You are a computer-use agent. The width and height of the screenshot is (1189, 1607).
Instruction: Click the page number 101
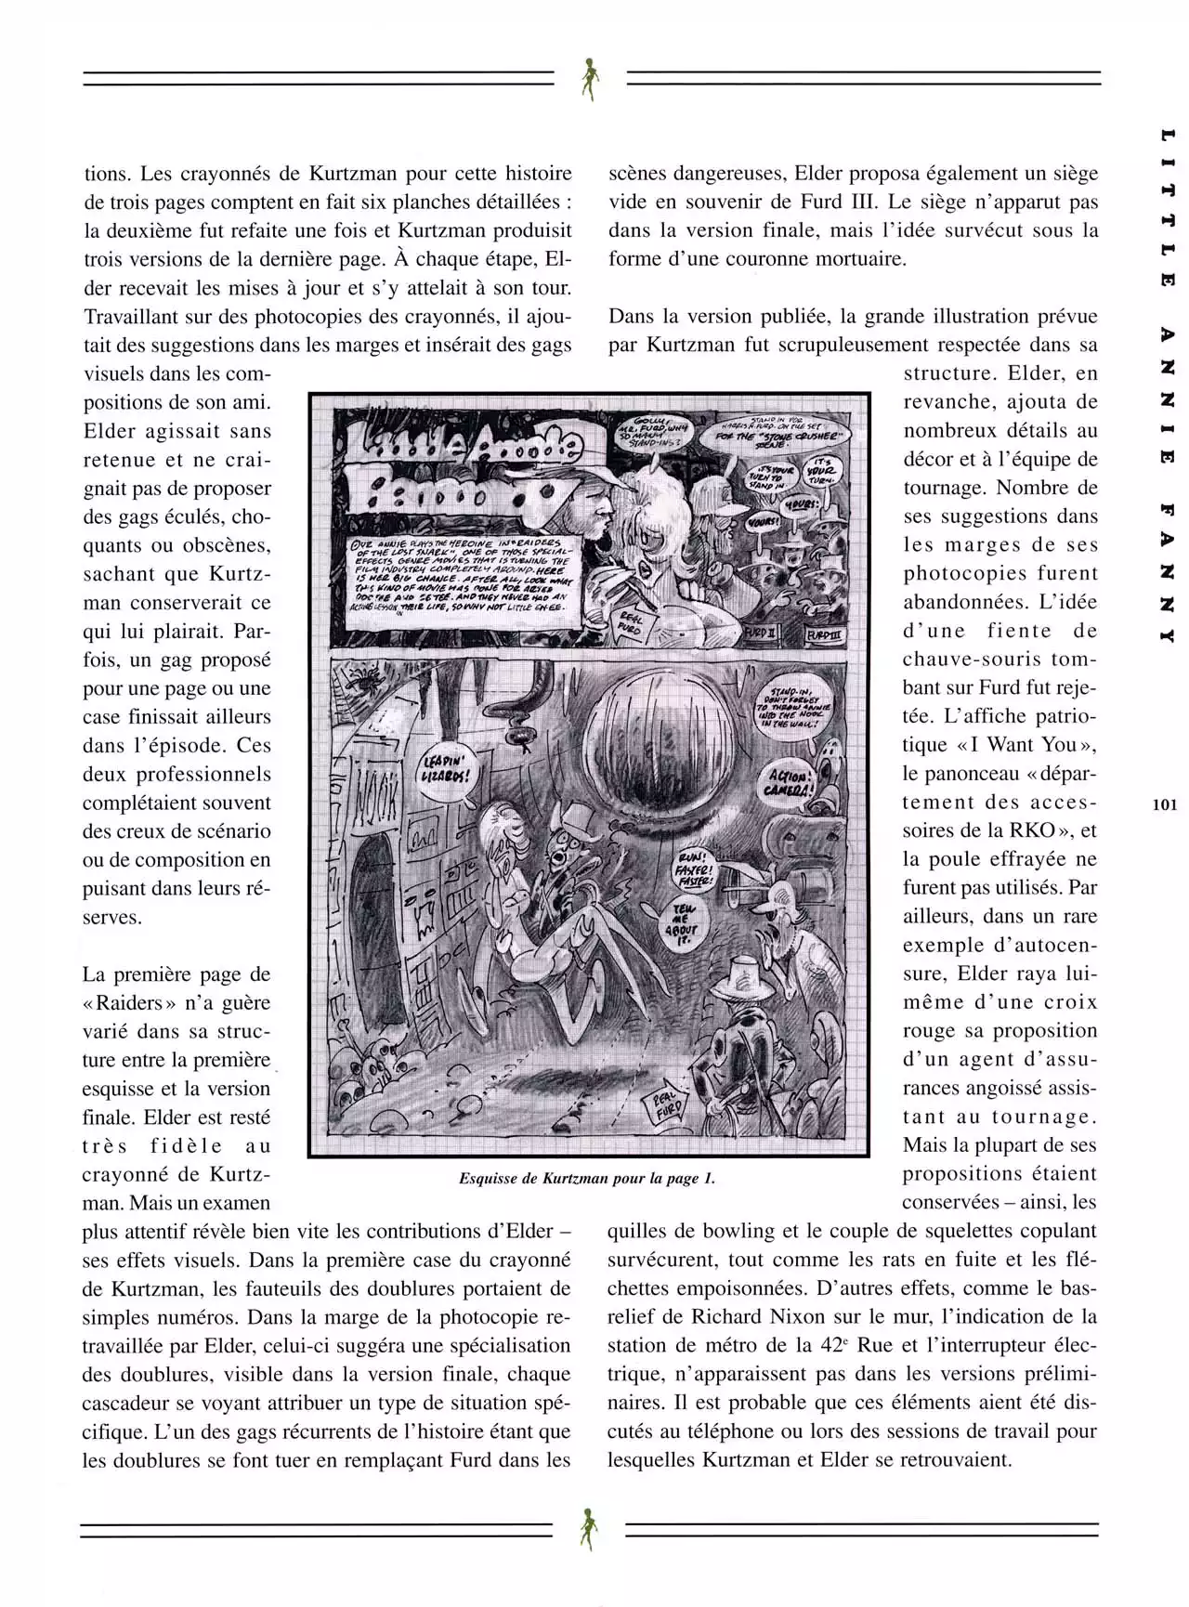click(1164, 804)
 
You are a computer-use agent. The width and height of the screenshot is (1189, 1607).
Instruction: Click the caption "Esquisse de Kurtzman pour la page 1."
click(587, 1178)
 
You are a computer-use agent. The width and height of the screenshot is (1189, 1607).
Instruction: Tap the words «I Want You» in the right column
click(1021, 744)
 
